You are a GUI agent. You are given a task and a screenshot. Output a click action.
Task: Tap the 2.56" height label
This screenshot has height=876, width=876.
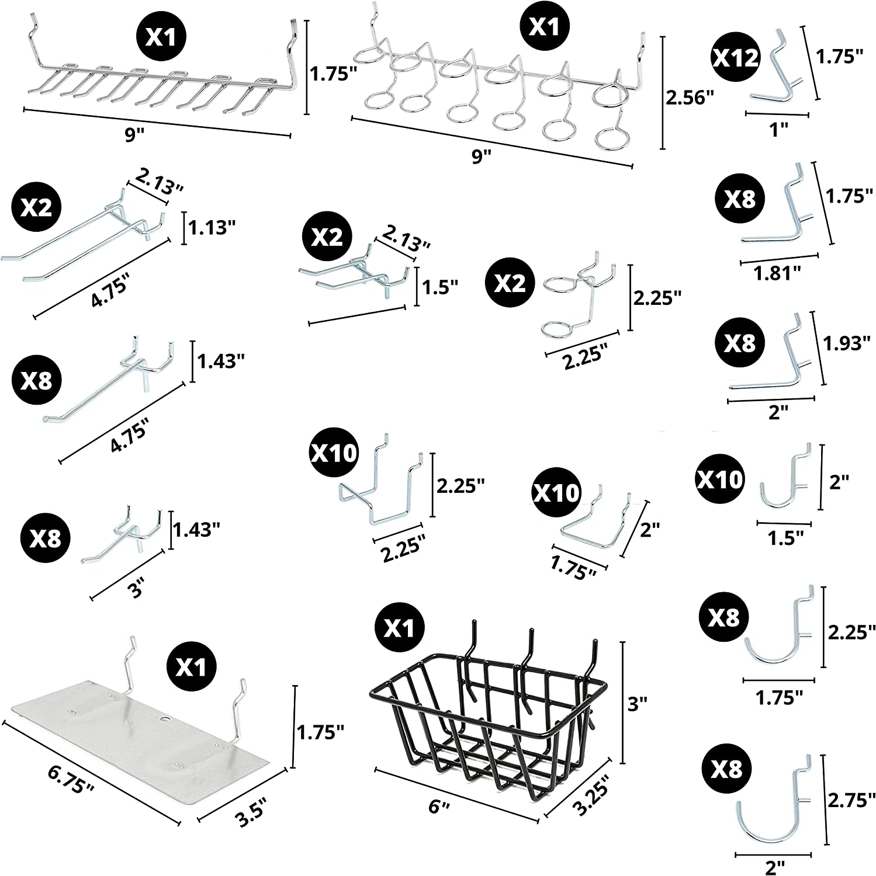pos(690,98)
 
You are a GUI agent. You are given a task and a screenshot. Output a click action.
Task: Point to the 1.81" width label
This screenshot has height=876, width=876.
pos(777,273)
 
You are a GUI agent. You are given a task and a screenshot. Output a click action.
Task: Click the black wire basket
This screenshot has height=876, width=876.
pos(485,718)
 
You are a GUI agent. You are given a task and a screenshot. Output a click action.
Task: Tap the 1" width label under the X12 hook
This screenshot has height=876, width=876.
pos(777,129)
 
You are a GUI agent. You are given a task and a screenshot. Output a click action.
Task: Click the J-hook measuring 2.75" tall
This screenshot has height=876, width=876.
pos(771,812)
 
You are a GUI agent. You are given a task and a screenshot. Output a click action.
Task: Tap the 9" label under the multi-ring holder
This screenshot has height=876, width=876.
pos(482,156)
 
